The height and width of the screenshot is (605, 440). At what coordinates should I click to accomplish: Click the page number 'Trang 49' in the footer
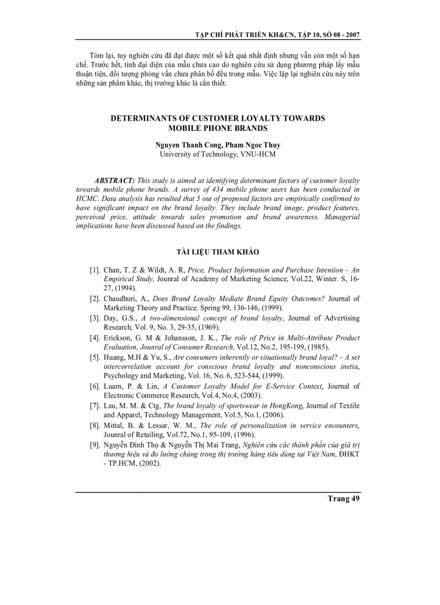point(343,498)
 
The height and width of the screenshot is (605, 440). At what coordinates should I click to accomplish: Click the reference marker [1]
point(95,270)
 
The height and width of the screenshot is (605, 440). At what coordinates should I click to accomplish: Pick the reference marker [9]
point(95,444)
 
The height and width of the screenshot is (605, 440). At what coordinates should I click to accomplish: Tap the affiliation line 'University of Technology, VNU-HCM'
point(217,154)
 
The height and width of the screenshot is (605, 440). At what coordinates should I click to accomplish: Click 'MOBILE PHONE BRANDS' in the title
point(217,128)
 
